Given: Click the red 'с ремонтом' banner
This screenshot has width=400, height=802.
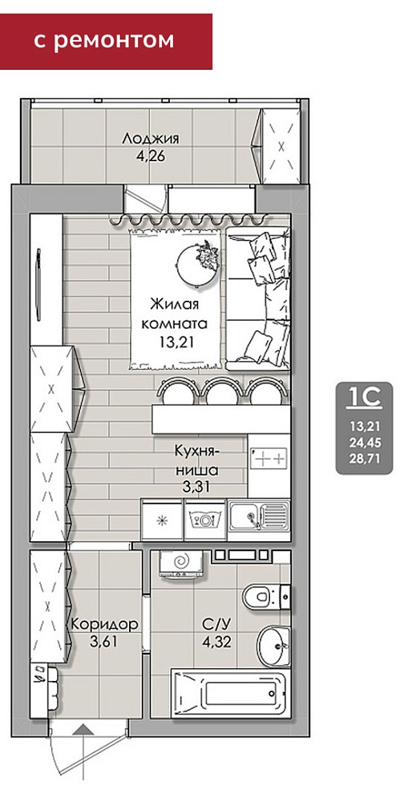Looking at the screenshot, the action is [106, 42].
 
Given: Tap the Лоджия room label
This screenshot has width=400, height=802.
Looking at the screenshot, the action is [151, 138].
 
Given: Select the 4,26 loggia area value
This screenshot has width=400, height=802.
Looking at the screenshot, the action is [151, 156].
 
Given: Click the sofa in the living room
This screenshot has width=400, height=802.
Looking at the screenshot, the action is [258, 299].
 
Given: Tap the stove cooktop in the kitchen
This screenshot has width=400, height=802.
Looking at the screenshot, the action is [269, 458].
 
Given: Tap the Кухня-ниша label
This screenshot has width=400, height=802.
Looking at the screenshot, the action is [197, 460].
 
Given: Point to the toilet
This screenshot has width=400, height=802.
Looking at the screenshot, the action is [266, 595].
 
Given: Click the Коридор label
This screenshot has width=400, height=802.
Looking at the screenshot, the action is [104, 625].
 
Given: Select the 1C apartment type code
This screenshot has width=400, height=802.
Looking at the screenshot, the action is [364, 397].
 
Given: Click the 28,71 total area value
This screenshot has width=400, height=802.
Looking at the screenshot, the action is [365, 458].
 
